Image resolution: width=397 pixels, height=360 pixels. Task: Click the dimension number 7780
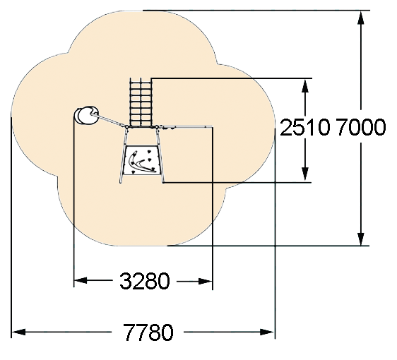pyautogui.click(x=148, y=332)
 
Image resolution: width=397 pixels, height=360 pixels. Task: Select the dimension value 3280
pyautogui.click(x=144, y=281)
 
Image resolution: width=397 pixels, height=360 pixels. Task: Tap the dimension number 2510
pyautogui.click(x=305, y=127)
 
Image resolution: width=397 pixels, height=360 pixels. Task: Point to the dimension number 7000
pyautogui.click(x=361, y=127)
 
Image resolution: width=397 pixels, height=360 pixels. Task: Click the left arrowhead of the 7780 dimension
pyautogui.click(x=18, y=332)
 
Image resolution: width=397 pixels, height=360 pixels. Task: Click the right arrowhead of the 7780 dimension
pyautogui.click(x=267, y=332)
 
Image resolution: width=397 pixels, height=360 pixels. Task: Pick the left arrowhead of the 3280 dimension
pyautogui.click(x=81, y=281)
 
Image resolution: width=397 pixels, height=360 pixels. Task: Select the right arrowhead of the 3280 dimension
pyautogui.click(x=206, y=281)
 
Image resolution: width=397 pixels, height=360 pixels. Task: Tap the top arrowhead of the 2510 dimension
pyautogui.click(x=305, y=85)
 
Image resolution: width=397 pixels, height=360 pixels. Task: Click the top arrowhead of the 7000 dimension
pyautogui.click(x=361, y=18)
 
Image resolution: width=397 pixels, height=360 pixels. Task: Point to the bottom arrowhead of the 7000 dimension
pyautogui.click(x=361, y=239)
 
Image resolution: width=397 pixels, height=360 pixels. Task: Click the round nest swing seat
pyautogui.click(x=87, y=115)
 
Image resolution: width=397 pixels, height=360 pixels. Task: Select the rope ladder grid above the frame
pyautogui.click(x=141, y=102)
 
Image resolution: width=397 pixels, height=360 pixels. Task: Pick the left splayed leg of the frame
pyautogui.click(x=123, y=155)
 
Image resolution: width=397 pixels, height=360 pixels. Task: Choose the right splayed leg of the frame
pyautogui.click(x=160, y=155)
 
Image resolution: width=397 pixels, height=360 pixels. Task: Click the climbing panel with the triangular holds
pyautogui.click(x=141, y=160)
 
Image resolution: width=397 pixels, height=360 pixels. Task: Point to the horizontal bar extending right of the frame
pyautogui.click(x=186, y=126)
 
